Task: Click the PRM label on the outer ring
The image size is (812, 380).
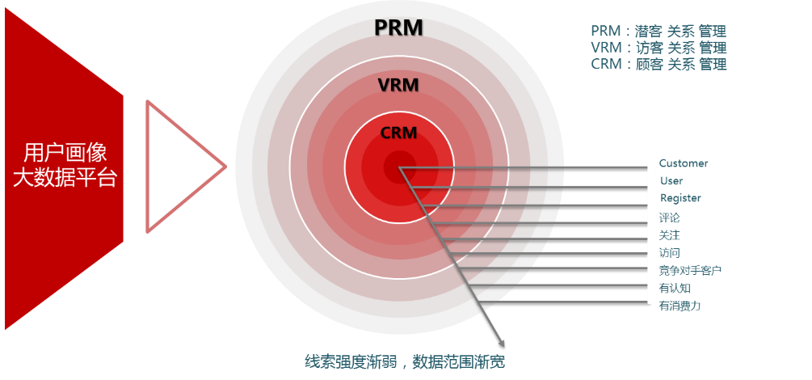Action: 398,27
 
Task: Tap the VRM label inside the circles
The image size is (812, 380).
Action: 398,84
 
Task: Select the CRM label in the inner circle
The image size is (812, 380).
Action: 398,133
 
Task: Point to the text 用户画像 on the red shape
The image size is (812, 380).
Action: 65,154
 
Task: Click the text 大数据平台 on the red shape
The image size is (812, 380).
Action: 65,178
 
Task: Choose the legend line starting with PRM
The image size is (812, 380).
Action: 658,32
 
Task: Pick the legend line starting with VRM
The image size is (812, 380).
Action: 658,48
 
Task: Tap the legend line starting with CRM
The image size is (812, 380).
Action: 658,64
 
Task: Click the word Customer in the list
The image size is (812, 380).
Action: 684,163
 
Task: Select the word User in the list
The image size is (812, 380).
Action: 671,181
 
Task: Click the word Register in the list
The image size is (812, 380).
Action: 680,198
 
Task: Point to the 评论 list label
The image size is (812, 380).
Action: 670,217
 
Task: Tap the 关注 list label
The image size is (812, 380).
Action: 670,235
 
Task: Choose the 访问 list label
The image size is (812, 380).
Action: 670,253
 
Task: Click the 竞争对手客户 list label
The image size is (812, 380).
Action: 690,270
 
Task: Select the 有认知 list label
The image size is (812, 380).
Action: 675,288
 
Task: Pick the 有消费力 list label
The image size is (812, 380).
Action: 679,306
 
